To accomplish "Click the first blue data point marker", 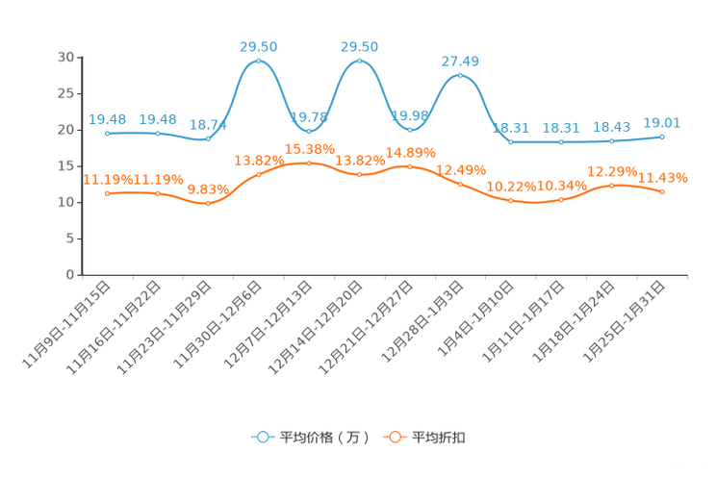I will (107, 134).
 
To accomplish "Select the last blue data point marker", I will (662, 137).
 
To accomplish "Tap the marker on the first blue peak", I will (258, 62).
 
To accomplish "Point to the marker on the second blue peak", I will (359, 61).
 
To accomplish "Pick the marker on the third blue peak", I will (460, 75).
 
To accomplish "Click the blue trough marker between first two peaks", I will (309, 130).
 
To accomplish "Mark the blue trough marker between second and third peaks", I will (410, 129).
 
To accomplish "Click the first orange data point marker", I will (107, 193).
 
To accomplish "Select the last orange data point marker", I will (662, 192).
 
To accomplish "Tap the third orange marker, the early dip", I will (208, 203).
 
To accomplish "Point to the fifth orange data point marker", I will (309, 163).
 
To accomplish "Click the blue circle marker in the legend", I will (262, 437).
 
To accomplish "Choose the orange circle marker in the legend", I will (395, 437).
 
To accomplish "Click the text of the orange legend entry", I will (440, 438).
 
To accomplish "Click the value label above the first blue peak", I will (258, 46).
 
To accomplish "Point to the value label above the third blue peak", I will (460, 61).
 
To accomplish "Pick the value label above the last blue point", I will (662, 123).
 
